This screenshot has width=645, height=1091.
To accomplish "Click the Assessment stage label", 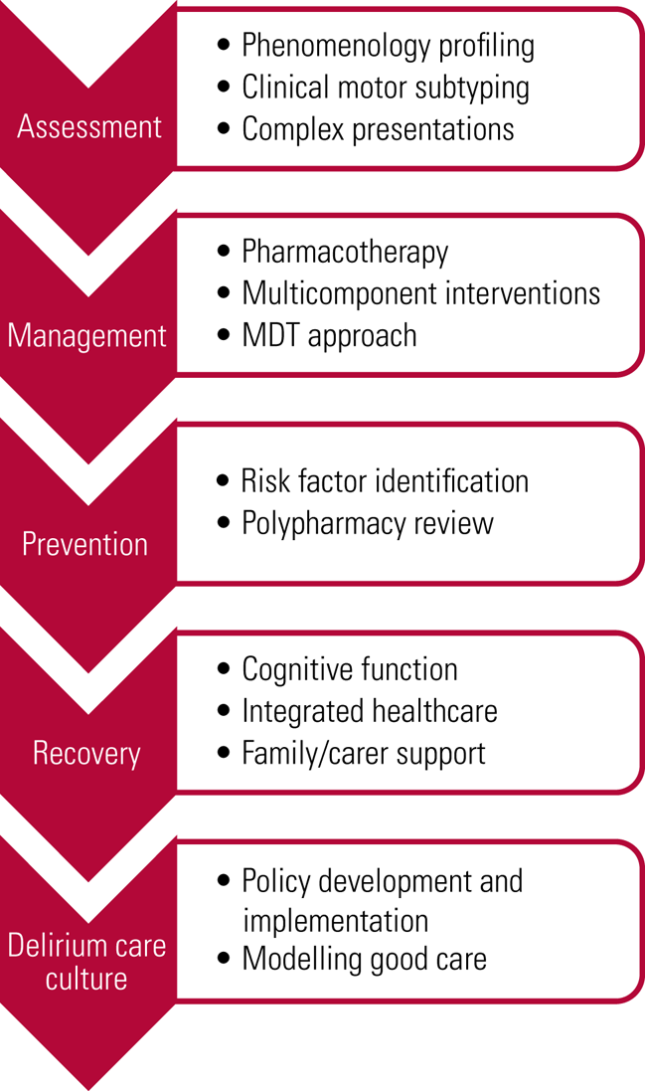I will pos(89,127).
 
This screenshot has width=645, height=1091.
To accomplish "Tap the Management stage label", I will pos(87,335).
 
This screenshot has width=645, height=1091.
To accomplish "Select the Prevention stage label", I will pos(85,544).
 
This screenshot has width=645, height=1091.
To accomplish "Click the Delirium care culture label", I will pos(87,961).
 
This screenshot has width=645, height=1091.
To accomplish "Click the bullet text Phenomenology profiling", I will pos(388,45).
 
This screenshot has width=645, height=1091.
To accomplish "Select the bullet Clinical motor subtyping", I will pos(386,87).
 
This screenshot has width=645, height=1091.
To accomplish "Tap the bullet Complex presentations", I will pos(378,128).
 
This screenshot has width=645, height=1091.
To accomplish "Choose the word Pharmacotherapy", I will pos(345,252).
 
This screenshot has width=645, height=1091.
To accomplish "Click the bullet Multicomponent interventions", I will pos(420,293).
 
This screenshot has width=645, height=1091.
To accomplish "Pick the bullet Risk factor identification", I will pos(385,481).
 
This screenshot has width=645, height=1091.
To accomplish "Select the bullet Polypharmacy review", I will pos(368,523).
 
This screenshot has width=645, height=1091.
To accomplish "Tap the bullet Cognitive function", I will pos(350,669).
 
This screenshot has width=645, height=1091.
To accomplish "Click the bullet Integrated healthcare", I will pos(370,711).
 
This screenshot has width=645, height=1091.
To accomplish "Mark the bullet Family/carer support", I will pos(364,753).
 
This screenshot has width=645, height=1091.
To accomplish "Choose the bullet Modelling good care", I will pos(365,959).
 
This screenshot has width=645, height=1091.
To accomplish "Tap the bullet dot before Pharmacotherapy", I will pos(224,253).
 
